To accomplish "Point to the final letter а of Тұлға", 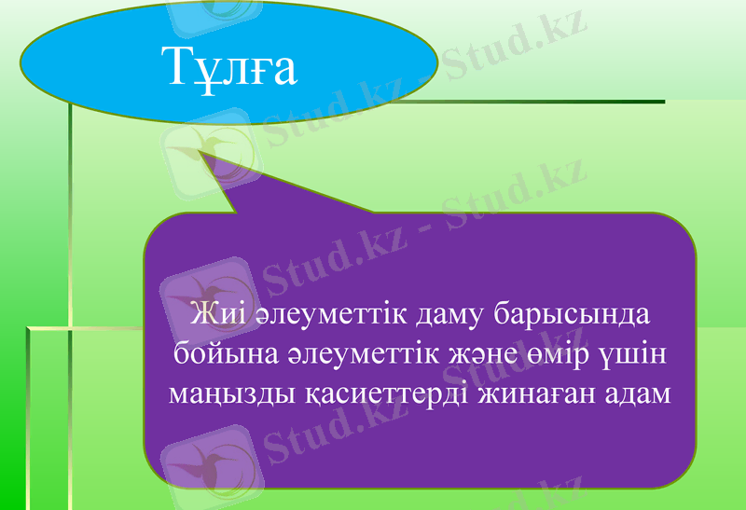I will click(283, 70).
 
